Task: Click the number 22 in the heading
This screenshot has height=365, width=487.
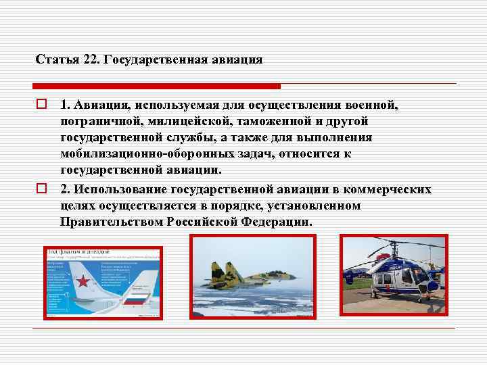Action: (90, 59)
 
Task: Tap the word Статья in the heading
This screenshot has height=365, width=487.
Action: (57, 59)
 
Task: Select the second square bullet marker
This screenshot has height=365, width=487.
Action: (41, 189)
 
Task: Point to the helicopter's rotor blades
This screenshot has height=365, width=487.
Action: (392, 246)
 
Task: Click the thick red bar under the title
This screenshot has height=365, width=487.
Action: (156, 86)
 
